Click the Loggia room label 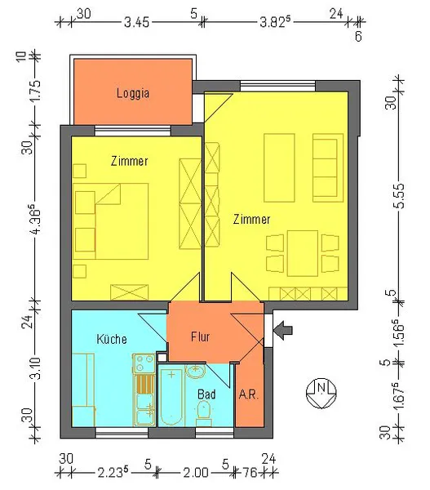[x=133, y=93]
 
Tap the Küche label [x=112, y=339]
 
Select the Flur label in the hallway [x=200, y=336]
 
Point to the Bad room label [x=206, y=394]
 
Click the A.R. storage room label [x=249, y=394]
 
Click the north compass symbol [x=321, y=393]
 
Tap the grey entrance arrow [x=283, y=330]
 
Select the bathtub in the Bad [x=171, y=397]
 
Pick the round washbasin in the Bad [x=196, y=371]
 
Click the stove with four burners [x=144, y=363]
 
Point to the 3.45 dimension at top [x=136, y=23]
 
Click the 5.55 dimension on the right [x=399, y=196]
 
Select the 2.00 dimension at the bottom [x=196, y=472]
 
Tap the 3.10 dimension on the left [x=36, y=368]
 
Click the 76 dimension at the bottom [x=250, y=472]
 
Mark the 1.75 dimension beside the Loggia [x=35, y=91]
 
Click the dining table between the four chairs [x=303, y=253]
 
